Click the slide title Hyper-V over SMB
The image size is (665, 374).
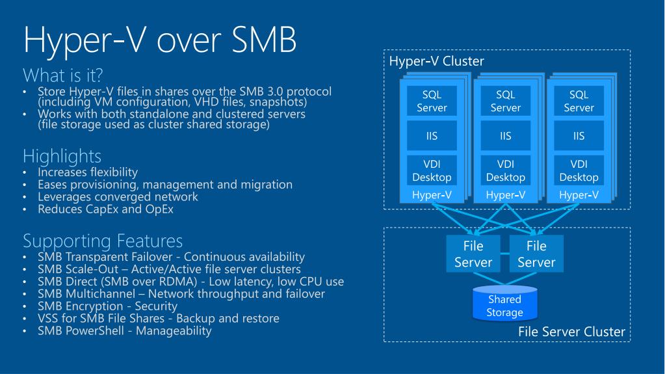(x=160, y=40)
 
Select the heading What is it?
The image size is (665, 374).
(x=63, y=75)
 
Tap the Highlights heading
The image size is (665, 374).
(x=62, y=156)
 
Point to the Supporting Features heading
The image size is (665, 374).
(x=103, y=241)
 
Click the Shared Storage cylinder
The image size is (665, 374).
(x=504, y=303)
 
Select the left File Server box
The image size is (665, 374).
(x=473, y=254)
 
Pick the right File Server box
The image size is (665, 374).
(x=536, y=254)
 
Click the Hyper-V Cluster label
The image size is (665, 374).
(x=436, y=62)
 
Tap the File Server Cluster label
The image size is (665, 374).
(x=571, y=332)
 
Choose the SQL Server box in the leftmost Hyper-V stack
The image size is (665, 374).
(x=432, y=101)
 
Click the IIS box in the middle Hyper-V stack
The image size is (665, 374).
(x=506, y=136)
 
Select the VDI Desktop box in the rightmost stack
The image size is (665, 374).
(x=579, y=170)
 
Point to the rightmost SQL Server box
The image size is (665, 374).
(x=579, y=101)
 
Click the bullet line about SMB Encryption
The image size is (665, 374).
(x=107, y=306)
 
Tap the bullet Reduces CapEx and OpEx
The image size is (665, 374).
(x=105, y=209)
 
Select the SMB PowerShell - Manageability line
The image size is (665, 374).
(x=124, y=331)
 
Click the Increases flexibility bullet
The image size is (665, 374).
(x=88, y=172)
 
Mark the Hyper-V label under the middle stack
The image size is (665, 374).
(x=506, y=195)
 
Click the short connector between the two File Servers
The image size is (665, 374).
(x=504, y=254)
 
